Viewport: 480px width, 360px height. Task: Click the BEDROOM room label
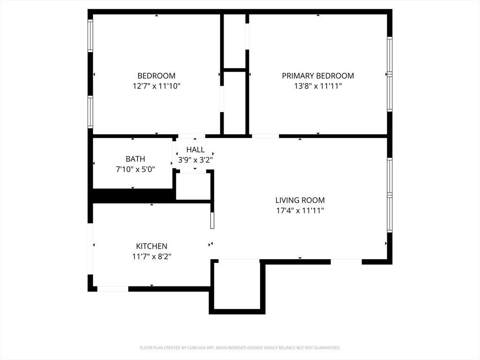157,75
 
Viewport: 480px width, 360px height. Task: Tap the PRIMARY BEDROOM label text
318,75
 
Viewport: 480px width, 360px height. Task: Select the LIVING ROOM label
300,200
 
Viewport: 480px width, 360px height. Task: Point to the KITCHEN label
151,246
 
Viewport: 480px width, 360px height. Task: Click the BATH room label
135,159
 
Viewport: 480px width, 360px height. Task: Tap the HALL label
195,150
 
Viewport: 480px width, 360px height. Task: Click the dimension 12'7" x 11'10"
157,86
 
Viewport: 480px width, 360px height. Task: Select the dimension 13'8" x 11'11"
318,86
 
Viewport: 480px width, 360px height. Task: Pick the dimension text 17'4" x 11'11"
300,210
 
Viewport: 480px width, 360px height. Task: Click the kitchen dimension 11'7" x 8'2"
151,256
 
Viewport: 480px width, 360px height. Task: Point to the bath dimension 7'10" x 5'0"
135,169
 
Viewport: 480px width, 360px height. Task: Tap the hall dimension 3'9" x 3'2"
195,160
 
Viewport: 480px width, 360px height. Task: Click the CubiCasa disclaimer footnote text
240,348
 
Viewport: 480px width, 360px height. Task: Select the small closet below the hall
193,187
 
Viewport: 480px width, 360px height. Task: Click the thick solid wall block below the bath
133,195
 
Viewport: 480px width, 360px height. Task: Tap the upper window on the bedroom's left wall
90,36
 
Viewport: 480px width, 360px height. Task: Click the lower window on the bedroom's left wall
90,112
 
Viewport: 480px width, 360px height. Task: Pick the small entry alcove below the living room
237,285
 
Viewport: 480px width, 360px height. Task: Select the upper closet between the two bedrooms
235,41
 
